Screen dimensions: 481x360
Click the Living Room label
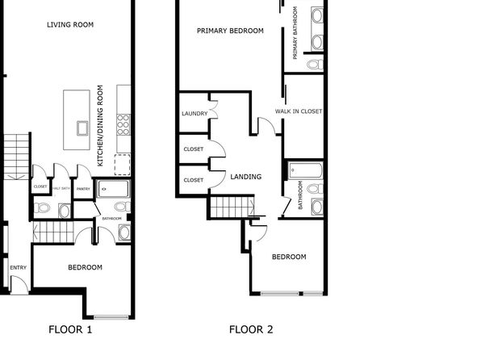click(70, 24)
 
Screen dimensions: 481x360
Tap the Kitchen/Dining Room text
click(100, 126)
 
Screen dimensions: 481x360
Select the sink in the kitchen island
click(82, 128)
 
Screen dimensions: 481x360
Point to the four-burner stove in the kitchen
click(123, 124)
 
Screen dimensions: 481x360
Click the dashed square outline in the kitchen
click(123, 165)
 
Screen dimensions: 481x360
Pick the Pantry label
click(83, 189)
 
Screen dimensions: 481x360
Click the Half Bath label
click(61, 188)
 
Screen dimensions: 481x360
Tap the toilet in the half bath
click(42, 207)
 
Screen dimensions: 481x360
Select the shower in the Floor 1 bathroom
click(112, 189)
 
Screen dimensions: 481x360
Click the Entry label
click(18, 268)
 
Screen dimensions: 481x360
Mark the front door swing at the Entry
click(19, 284)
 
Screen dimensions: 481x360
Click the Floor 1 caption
click(70, 329)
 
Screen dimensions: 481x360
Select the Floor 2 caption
click(251, 329)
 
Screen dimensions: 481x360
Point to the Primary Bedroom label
click(230, 31)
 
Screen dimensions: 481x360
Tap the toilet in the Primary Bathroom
click(315, 65)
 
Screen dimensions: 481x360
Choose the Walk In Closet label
click(299, 111)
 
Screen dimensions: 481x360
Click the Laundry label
click(194, 114)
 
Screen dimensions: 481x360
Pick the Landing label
click(246, 177)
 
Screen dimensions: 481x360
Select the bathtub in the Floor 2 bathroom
click(306, 170)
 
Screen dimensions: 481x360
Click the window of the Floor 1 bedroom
click(111, 317)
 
